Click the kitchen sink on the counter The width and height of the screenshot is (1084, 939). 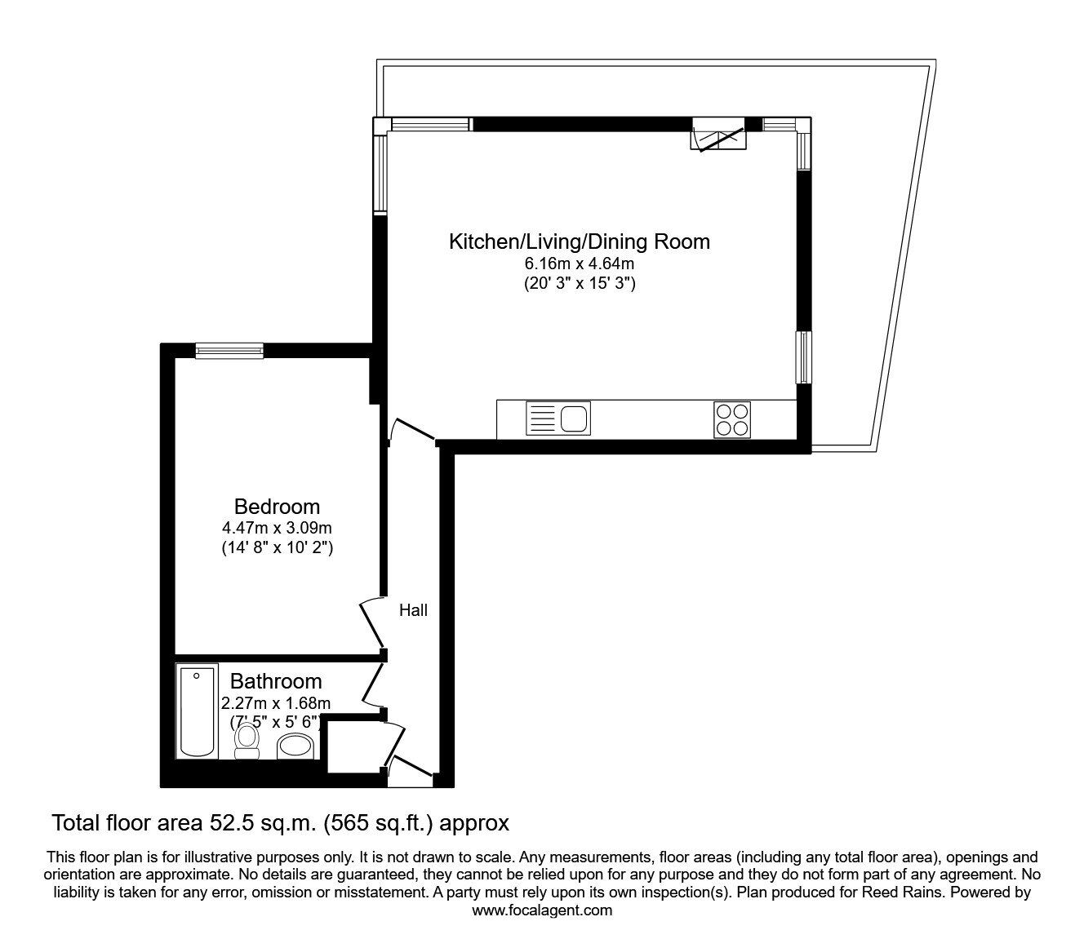[559, 419]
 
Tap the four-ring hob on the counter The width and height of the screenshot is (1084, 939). [731, 419]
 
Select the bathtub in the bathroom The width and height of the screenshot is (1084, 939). [197, 711]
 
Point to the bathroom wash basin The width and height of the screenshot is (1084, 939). [296, 746]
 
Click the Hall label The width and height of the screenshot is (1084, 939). [413, 610]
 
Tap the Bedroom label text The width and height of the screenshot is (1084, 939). [277, 507]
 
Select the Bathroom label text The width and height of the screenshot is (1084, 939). [276, 681]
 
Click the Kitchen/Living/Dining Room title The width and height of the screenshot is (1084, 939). [579, 241]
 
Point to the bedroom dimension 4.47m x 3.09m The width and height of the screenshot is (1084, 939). [277, 528]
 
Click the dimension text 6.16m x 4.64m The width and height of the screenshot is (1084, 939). [579, 264]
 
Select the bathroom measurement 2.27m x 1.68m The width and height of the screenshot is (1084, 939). [276, 702]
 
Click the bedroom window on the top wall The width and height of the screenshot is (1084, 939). [229, 350]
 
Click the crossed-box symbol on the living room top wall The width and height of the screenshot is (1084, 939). [717, 135]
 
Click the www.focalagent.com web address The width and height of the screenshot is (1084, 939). [542, 910]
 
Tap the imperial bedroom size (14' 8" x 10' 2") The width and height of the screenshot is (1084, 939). [277, 548]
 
